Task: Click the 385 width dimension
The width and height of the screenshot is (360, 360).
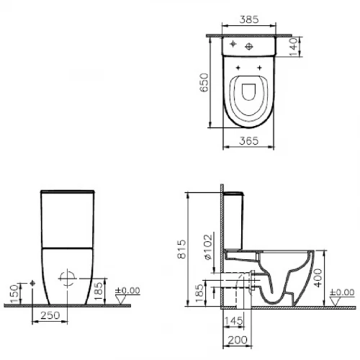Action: pyautogui.click(x=250, y=22)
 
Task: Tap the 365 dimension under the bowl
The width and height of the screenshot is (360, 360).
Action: pyautogui.click(x=250, y=141)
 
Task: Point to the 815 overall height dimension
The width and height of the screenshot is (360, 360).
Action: pyautogui.click(x=183, y=248)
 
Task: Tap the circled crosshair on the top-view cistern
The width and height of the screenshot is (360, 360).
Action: pyautogui.click(x=250, y=47)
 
